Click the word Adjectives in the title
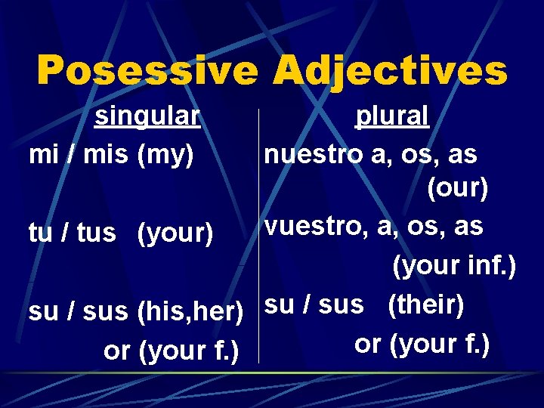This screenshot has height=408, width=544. coord(390,71)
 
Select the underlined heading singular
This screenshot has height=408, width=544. coord(147,116)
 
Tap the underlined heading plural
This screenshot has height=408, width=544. coord(392,116)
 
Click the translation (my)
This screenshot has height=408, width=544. coord(166,154)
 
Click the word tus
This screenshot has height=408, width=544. coord(96,233)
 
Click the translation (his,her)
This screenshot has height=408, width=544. coord(190,311)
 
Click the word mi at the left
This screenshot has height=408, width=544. coord(42,154)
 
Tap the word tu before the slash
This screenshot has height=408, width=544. coord(40,233)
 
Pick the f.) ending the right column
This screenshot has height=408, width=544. coord(476,344)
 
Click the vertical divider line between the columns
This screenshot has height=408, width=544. coord(258,234)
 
